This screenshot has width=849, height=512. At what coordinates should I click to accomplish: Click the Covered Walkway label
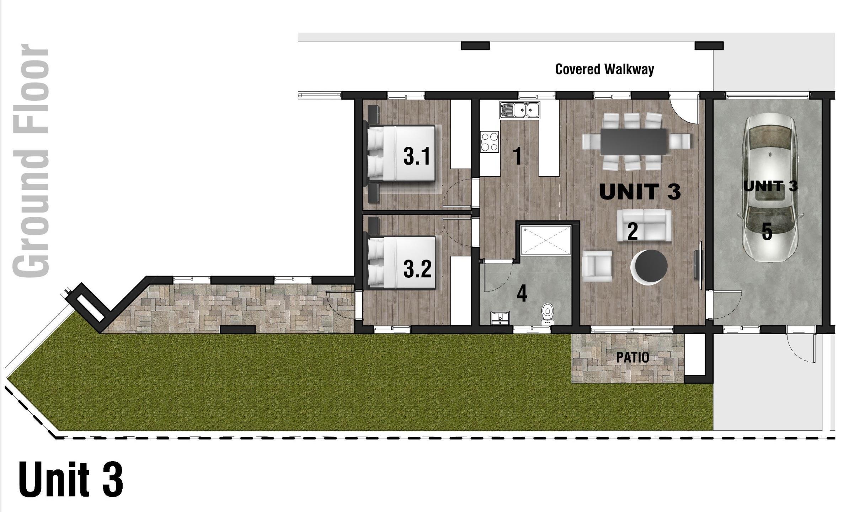coord(604,69)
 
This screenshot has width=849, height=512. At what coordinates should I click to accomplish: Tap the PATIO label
coord(632,357)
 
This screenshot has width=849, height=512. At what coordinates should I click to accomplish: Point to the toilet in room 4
coord(548,314)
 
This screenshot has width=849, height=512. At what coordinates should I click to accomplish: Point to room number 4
coord(522,294)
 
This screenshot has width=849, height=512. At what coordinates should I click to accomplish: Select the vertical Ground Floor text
coord(31,160)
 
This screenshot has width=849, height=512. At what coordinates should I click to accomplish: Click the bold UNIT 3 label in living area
coord(640,192)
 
